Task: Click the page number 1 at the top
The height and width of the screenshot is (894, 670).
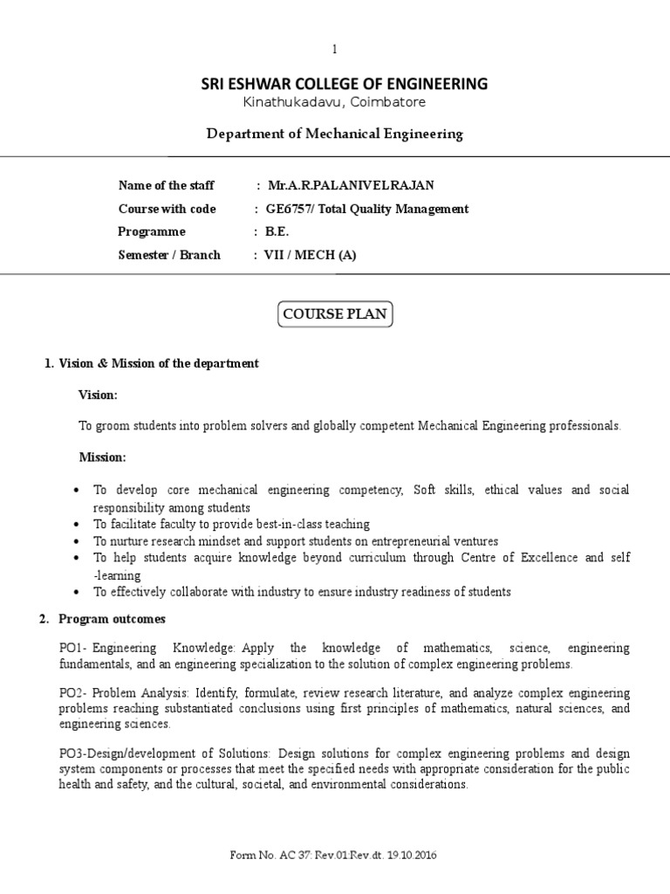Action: coord(334,50)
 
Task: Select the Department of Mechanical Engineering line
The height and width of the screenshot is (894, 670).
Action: coord(334,134)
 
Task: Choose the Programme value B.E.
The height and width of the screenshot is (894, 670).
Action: coord(277,231)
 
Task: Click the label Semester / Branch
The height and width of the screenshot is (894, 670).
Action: coord(169,255)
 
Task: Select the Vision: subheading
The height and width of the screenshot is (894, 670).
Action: coord(99,395)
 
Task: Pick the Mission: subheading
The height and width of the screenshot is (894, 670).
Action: coord(103,457)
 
